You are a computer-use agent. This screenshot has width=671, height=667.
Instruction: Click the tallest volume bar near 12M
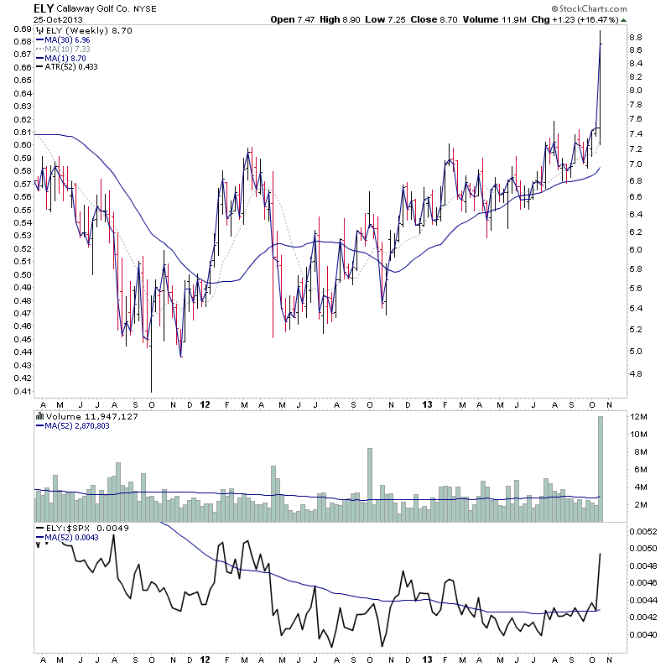pos(601,470)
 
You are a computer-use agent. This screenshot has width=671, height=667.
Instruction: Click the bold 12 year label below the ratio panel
pos(206,660)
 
